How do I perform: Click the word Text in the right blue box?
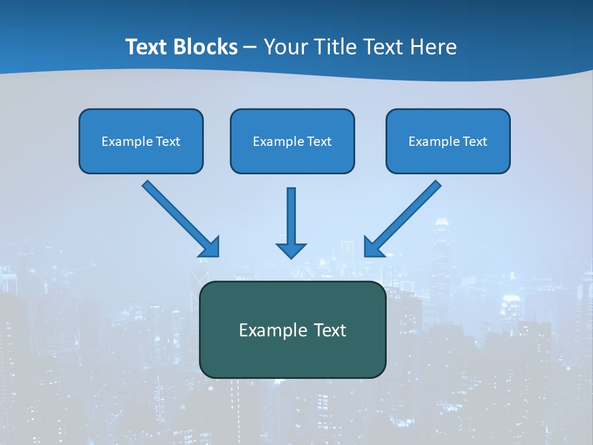475,142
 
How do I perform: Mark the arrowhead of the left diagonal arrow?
211,247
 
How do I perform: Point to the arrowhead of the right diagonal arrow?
373,247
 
